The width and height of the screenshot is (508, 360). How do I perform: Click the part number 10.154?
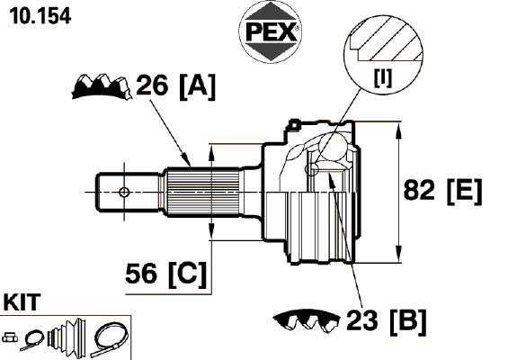click(x=40, y=15)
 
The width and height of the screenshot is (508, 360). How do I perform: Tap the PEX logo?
click(x=271, y=31)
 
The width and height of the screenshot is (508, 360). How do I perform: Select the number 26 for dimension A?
click(x=152, y=85)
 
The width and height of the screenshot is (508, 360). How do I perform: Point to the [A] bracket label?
click(x=197, y=86)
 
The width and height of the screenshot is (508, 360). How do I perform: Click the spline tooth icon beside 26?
click(x=102, y=86)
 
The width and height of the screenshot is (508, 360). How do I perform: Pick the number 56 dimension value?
click(x=141, y=273)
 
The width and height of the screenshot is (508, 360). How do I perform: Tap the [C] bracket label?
click(x=187, y=274)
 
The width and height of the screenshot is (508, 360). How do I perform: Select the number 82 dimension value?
click(x=419, y=190)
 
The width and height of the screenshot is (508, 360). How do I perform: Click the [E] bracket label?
click(x=464, y=191)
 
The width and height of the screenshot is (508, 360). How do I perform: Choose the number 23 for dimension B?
click(x=361, y=320)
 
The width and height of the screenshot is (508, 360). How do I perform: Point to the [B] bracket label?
click(x=408, y=321)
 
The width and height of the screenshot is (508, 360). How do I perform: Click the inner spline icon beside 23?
click(x=307, y=319)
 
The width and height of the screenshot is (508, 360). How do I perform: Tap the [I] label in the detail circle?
click(x=383, y=77)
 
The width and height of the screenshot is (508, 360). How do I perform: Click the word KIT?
click(x=22, y=301)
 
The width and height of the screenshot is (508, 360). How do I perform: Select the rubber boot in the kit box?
click(x=67, y=335)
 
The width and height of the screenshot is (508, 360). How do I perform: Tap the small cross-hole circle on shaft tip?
click(x=124, y=192)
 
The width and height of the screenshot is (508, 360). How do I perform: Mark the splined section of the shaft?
click(x=203, y=192)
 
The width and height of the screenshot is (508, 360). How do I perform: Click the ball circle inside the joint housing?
click(x=334, y=148)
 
